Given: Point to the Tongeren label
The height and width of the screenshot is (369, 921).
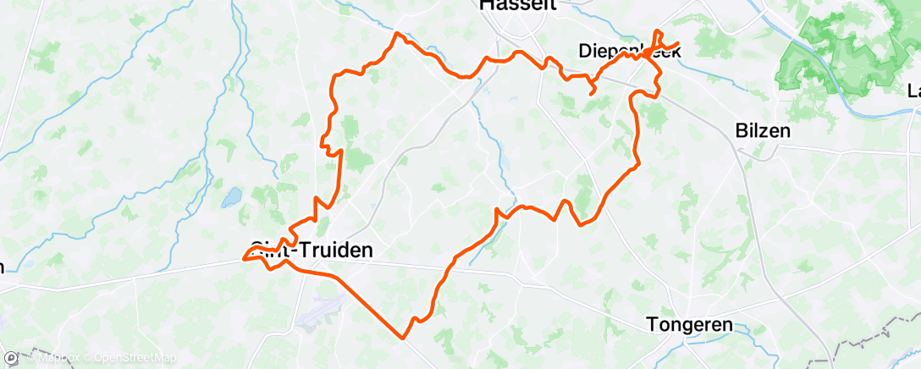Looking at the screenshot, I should (688, 325).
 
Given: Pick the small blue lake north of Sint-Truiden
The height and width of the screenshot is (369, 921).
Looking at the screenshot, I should (229, 201).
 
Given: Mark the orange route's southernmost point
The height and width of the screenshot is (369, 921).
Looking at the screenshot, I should (404, 338).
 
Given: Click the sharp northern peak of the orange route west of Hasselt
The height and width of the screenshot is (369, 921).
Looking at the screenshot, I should (397, 34).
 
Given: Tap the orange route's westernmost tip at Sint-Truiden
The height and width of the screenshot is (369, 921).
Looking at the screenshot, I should (245, 258).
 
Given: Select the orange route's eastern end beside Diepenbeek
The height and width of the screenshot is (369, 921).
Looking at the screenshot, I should (678, 43).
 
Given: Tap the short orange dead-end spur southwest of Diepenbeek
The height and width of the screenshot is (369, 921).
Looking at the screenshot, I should (589, 91).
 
